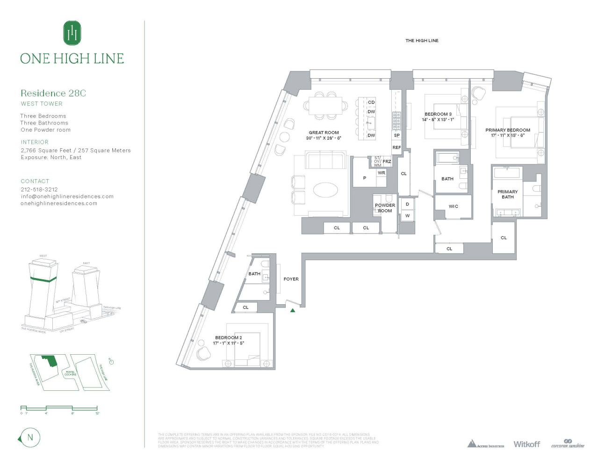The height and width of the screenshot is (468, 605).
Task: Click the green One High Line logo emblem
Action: coord(72,33)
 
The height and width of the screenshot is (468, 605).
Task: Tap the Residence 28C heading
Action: coord(53,93)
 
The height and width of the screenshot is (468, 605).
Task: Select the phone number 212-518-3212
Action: coord(39,190)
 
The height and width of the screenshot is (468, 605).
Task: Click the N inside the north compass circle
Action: coord(30,438)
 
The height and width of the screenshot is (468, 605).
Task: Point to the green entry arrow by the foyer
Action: coord(293,310)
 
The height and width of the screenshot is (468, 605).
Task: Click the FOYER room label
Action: coord(291,279)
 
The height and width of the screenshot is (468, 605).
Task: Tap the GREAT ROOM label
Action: coord(324,132)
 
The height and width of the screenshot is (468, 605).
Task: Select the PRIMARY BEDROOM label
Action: coord(508,130)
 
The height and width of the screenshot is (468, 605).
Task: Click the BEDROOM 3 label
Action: coord(438,114)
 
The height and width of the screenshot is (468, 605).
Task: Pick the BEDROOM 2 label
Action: coord(228,337)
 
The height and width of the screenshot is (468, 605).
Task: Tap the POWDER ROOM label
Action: coord(385,208)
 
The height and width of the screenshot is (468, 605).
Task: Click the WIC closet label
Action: coord(453,206)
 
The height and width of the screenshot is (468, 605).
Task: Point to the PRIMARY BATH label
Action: coord(507,194)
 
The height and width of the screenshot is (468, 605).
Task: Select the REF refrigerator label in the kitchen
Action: coord(396,147)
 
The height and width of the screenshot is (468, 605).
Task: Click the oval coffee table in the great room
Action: coord(325,190)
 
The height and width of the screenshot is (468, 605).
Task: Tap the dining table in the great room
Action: coord(328,106)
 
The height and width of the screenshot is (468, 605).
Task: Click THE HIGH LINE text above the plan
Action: coord(422,41)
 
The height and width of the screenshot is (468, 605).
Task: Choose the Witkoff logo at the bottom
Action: coord(526,444)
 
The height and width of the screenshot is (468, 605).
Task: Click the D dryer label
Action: coord(407,205)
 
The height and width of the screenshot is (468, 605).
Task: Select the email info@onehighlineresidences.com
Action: coord(67,197)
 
